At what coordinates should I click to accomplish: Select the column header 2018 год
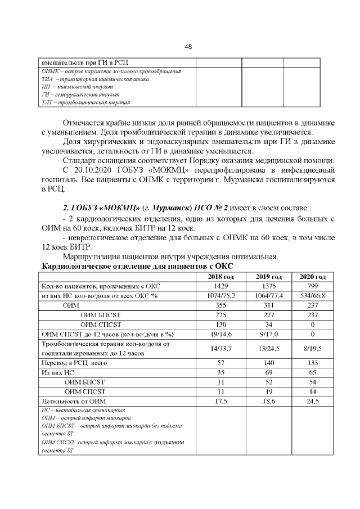coord(220,277)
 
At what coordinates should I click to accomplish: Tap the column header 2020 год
coord(313,277)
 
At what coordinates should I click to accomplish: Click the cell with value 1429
coord(220,286)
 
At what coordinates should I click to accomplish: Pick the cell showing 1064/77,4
coord(268,295)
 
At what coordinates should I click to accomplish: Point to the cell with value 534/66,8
coord(313,295)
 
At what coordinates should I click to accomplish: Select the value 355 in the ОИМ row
coord(220,305)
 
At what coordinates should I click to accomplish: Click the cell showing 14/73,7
coord(220,348)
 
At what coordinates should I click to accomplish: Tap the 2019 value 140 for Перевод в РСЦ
coord(268,363)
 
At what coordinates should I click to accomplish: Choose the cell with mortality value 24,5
coord(313,401)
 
